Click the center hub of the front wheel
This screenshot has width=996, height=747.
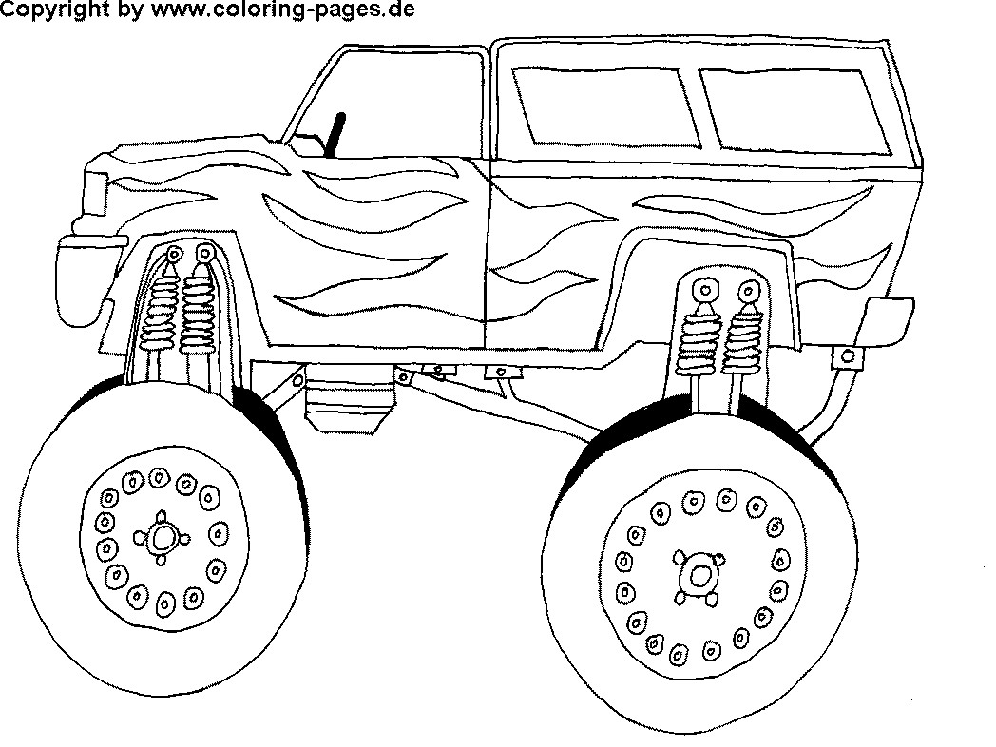[x=163, y=539]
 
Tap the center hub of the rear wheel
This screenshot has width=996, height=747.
[x=700, y=575]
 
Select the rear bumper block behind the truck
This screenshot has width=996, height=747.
[x=889, y=321]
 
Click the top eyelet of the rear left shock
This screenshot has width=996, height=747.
[x=704, y=291]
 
